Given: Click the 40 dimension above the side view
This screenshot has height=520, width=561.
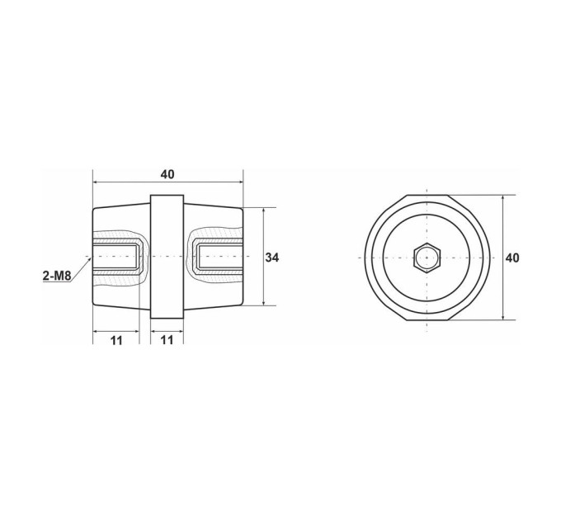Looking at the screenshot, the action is point(167,174).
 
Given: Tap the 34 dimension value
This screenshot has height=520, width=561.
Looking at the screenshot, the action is point(272,258).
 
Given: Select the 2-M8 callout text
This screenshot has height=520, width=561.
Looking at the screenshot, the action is point(57,276).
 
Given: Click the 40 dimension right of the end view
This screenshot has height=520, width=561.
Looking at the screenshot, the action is point(512,258).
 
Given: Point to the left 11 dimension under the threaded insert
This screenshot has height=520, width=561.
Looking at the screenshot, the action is point(116,340).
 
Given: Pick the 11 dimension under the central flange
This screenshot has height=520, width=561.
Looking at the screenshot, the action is point(167,340).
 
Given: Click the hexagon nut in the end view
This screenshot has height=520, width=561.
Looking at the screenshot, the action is point(427,258).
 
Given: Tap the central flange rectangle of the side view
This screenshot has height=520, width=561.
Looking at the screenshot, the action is point(167,257).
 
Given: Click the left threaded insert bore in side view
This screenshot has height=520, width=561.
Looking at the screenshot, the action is point(115,257).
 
